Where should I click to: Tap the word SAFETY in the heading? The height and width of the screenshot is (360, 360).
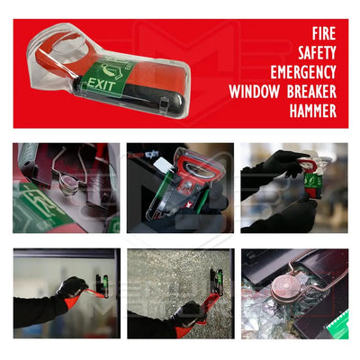pos(315,54)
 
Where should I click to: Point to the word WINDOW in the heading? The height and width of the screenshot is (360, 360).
pos(255,92)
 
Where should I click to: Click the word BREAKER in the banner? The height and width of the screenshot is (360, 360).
pos(311,92)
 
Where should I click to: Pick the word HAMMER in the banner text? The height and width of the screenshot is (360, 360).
pos(307,111)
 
